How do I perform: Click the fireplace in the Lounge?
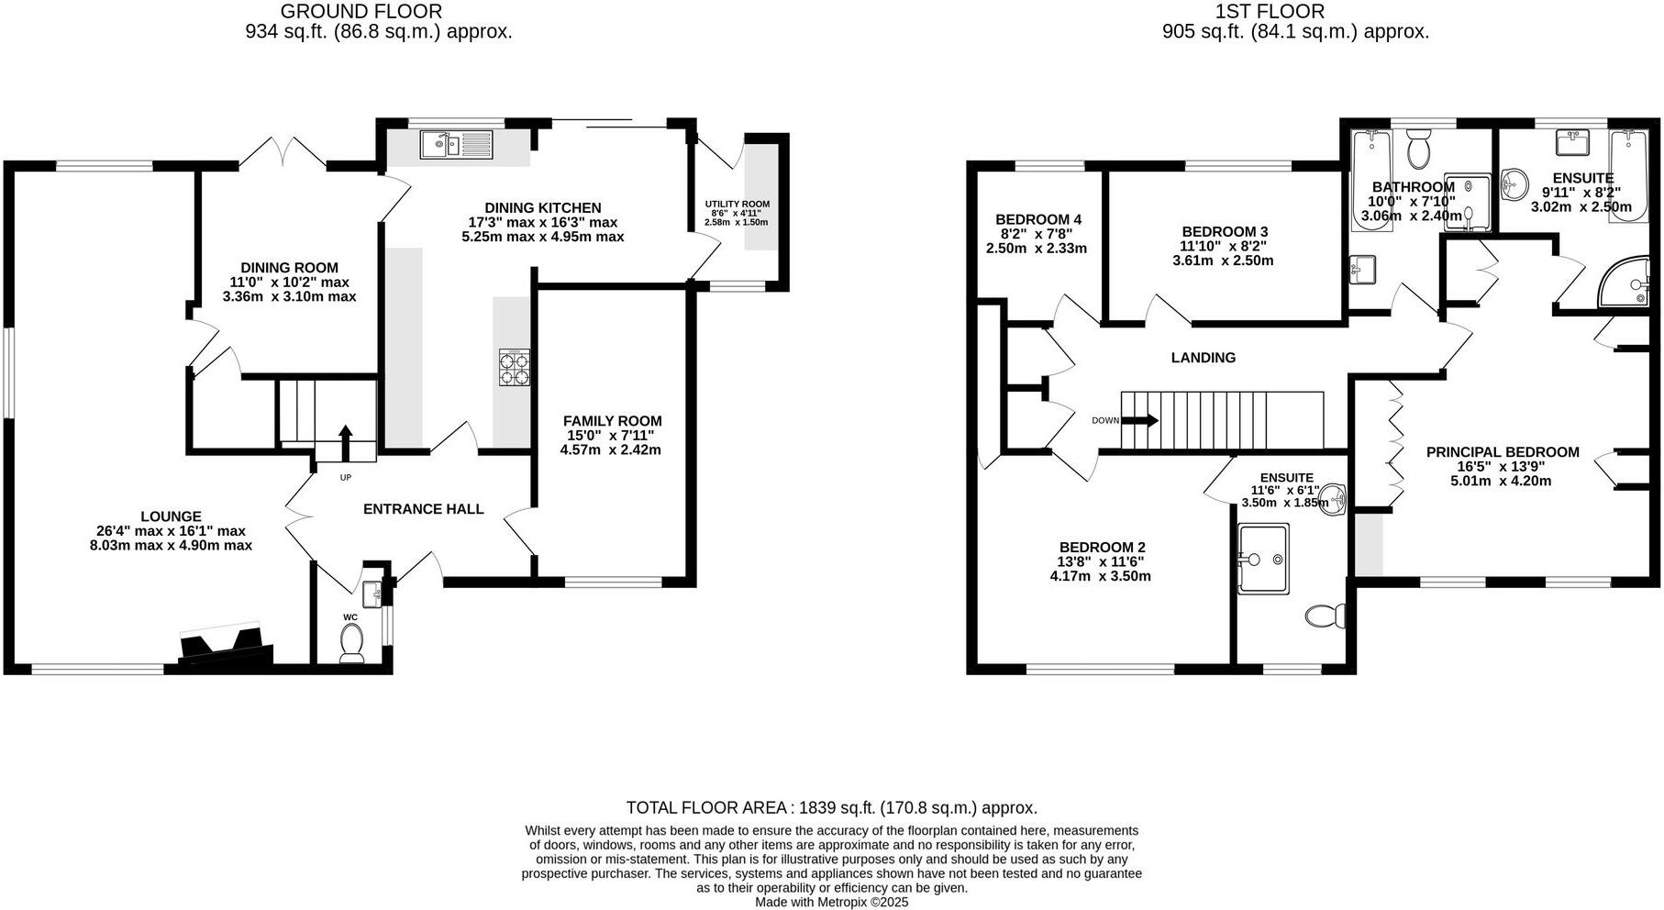pos(226,646)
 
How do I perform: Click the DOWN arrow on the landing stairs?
pos(1139,420)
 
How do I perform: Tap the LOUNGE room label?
pos(171,516)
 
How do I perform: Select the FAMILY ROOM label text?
pos(612,421)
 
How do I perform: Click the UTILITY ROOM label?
pos(737,204)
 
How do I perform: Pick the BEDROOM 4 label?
pos(1038,219)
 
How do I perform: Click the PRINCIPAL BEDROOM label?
pos(1502,451)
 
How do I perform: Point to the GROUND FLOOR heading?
pos(361,12)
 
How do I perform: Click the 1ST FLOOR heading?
pos(1270,12)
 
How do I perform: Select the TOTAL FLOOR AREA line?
pos(831,807)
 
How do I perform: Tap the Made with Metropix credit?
pos(831,902)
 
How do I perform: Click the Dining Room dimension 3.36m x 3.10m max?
pos(289,296)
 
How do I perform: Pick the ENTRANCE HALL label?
pos(423,509)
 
